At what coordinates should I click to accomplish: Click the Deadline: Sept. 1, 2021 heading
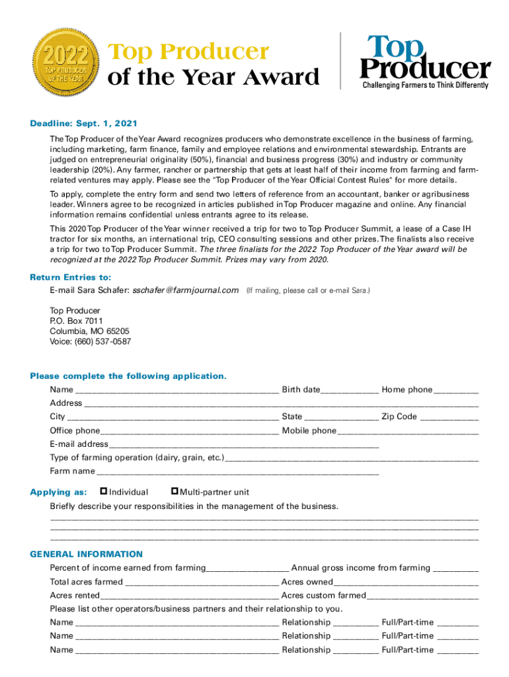coord(83,124)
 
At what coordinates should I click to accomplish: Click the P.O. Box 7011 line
coord(77,321)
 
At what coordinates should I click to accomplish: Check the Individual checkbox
coord(103,491)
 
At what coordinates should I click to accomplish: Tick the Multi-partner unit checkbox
coord(175,491)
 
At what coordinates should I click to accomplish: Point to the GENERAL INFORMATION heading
coord(86,554)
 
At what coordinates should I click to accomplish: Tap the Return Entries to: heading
coord(70,277)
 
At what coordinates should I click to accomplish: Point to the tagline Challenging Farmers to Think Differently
coord(425,85)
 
